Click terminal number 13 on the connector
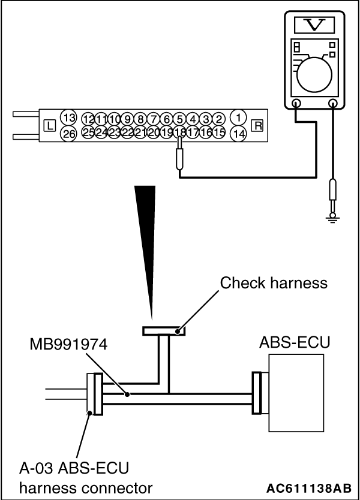70,118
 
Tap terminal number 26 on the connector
70,134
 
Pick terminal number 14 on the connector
239,134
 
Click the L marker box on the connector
50,126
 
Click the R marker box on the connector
257,126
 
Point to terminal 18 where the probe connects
179,133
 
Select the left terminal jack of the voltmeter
296,103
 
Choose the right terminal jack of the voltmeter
333,103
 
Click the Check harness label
274,282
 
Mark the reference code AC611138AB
308,487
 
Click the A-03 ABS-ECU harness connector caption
78,477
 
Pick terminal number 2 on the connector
219,119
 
